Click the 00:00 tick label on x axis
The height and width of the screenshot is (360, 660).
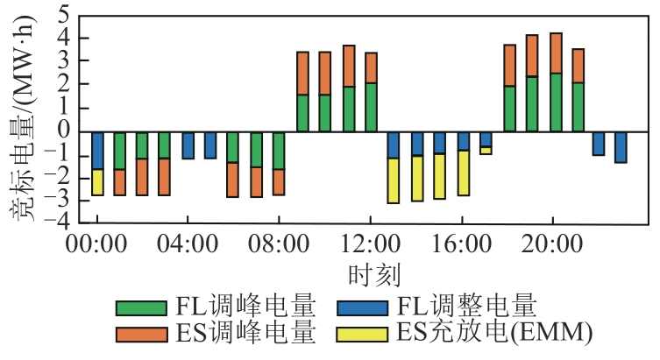pos(96,244)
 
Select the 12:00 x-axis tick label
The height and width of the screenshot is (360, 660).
pos(370,244)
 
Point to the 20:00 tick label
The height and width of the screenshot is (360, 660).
pos(552,244)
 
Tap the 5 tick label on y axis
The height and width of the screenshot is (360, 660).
pos(63,14)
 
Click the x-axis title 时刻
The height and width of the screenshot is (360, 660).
pos(373,275)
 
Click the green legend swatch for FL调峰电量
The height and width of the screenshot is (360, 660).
pos(141,308)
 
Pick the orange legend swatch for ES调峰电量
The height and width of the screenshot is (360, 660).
pos(141,335)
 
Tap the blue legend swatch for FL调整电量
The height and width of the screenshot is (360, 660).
pos(362,308)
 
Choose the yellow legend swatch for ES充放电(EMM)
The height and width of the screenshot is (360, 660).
pos(362,335)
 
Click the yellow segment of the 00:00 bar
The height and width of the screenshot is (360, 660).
pos(97,182)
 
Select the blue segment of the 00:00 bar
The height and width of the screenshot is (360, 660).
pos(97,151)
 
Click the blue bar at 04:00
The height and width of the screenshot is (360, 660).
pos(188,145)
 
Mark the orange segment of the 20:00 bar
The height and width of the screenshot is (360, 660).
pos(556,53)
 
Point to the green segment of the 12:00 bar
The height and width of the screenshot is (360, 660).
pos(372,107)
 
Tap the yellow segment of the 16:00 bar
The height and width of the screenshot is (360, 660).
pos(464,173)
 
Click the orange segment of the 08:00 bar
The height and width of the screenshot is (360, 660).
pos(279,182)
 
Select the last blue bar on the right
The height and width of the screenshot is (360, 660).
pos(621,148)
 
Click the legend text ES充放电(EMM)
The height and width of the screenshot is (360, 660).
pos(494,333)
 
